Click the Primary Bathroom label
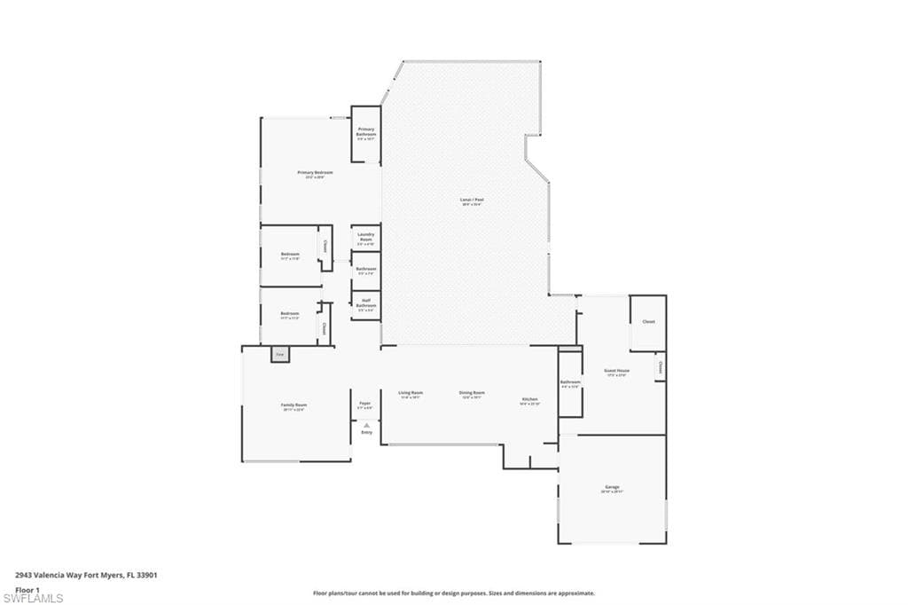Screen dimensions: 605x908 pos(366,131)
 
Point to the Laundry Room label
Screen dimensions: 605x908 pos(365,237)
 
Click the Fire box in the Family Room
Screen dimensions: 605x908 pos(278,354)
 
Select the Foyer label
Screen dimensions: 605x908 pos(364,404)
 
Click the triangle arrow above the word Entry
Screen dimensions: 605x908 pos(365,426)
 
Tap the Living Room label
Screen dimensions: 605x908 pos(411,393)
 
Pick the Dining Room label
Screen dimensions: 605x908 pos(472,393)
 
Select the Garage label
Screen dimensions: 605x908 pos(612,487)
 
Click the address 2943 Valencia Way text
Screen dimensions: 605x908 pos(87,576)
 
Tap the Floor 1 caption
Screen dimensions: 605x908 pos(27,589)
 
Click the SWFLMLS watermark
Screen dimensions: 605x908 pos(34,598)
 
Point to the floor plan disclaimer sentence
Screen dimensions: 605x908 pos(453,593)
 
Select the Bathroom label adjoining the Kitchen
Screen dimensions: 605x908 pos(569,383)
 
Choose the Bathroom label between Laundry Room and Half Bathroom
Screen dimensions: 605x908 pos(365,269)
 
